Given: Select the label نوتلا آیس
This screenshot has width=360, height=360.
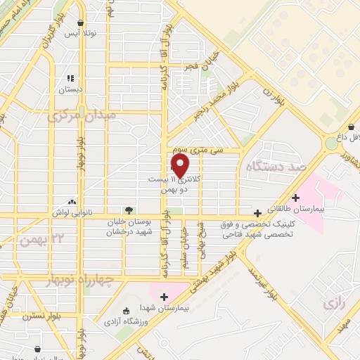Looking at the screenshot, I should [79, 34].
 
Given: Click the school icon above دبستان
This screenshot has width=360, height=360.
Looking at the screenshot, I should [70, 79].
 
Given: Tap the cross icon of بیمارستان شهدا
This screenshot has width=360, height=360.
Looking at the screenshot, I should [164, 297].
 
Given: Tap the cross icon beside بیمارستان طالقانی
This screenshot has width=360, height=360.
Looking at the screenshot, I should [296, 198].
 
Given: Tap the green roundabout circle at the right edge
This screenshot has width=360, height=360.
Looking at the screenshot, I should [330, 143].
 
